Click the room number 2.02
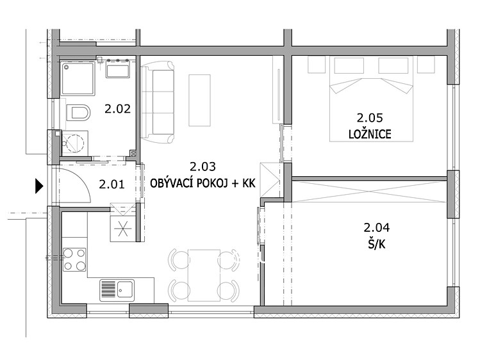coord(117,109)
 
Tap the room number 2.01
coord(112,184)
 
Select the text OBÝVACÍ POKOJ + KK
coord(203,183)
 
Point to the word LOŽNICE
coord(370,134)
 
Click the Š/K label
coord(377,245)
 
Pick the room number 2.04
coord(377,227)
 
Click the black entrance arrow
coord(39,186)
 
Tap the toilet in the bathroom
coord(78,113)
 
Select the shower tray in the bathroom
coord(78,78)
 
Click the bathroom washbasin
coord(117,68)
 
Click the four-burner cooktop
coord(74,259)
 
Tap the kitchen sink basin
coord(125,290)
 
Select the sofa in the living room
coord(158,102)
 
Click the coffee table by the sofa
coord(199,101)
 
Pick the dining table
coord(204,275)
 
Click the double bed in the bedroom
coord(371,99)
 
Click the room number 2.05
coord(370,117)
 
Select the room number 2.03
coord(203,167)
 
